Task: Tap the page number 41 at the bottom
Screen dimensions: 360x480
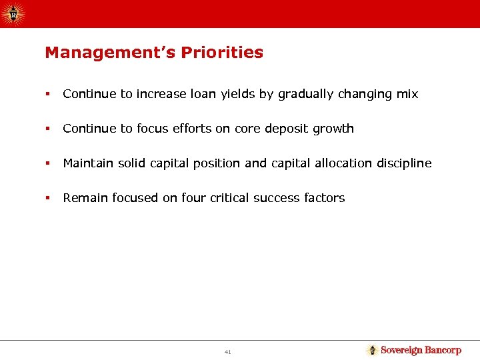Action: [228, 351]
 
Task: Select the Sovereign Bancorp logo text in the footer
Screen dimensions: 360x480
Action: [421, 350]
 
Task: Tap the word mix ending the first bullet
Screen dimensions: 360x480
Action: [407, 94]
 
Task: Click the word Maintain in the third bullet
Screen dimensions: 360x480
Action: [85, 163]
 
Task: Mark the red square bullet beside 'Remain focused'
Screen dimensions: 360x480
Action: [47, 198]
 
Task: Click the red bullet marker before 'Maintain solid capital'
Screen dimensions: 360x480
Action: [47, 163]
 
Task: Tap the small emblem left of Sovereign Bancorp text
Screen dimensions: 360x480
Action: [373, 350]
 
